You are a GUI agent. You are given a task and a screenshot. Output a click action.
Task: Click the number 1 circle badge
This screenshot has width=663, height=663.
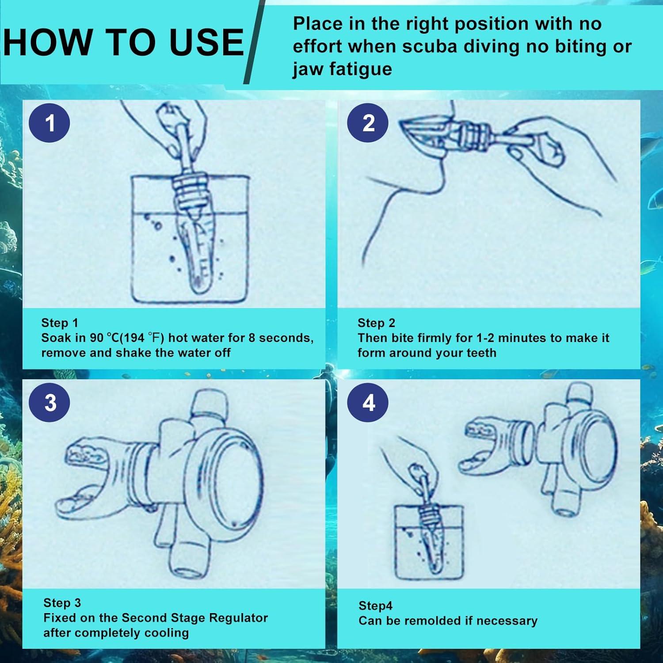50,123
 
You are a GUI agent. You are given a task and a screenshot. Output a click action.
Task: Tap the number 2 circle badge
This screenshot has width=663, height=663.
368,123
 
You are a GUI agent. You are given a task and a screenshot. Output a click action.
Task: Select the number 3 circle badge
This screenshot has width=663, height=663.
50,403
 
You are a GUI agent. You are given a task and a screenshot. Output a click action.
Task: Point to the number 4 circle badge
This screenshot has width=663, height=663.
368,403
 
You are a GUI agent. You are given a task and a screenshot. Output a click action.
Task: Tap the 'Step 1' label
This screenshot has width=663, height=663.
59,323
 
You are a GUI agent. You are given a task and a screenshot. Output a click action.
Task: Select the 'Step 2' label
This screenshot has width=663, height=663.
376,323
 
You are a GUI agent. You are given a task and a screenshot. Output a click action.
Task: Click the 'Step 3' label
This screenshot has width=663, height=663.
62,602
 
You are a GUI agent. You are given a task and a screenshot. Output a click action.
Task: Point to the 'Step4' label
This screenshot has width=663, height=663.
375,606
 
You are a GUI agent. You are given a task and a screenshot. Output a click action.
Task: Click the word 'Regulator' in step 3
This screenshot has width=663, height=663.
238,617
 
